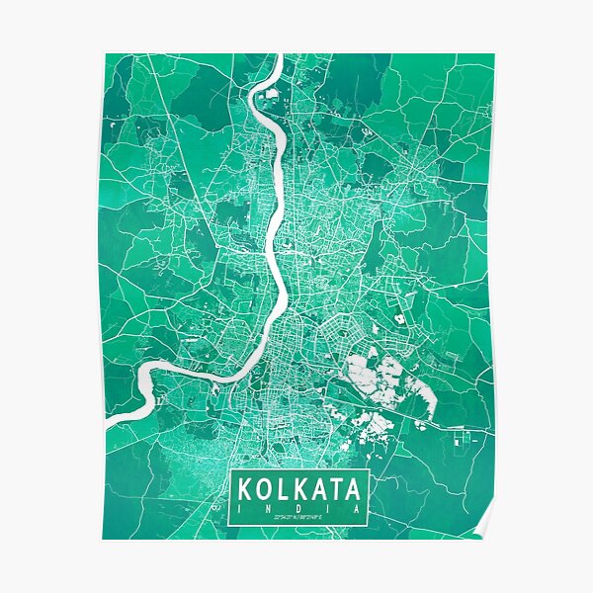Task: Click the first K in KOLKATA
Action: (x=244, y=488)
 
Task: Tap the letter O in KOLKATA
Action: (x=264, y=488)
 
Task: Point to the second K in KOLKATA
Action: (x=299, y=488)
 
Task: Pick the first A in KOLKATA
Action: (x=318, y=488)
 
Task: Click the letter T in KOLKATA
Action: (x=336, y=488)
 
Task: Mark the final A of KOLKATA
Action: (x=355, y=488)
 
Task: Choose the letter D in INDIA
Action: (x=298, y=505)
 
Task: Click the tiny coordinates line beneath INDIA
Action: (x=298, y=516)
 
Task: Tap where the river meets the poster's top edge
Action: (x=278, y=56)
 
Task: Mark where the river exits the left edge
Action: (x=107, y=421)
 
